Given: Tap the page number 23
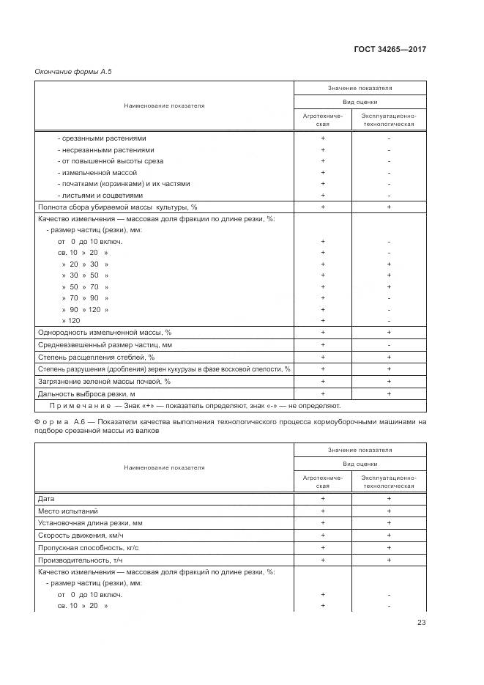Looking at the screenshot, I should [x=421, y=623].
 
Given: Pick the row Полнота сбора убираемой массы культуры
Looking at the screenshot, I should [x=117, y=207].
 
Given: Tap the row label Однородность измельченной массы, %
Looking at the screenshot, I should [x=104, y=333].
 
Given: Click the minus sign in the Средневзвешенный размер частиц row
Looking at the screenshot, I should [x=389, y=344].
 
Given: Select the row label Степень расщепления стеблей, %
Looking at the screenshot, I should [x=96, y=357].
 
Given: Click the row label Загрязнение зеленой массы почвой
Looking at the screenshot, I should [x=104, y=382].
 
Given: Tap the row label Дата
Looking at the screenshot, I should [x=45, y=498].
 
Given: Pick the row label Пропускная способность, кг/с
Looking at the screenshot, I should [x=89, y=547].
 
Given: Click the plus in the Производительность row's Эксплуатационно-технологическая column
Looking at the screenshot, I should [x=389, y=559].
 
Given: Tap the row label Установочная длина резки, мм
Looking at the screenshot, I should [x=89, y=523].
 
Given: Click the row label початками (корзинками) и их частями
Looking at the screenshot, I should [x=123, y=184].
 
